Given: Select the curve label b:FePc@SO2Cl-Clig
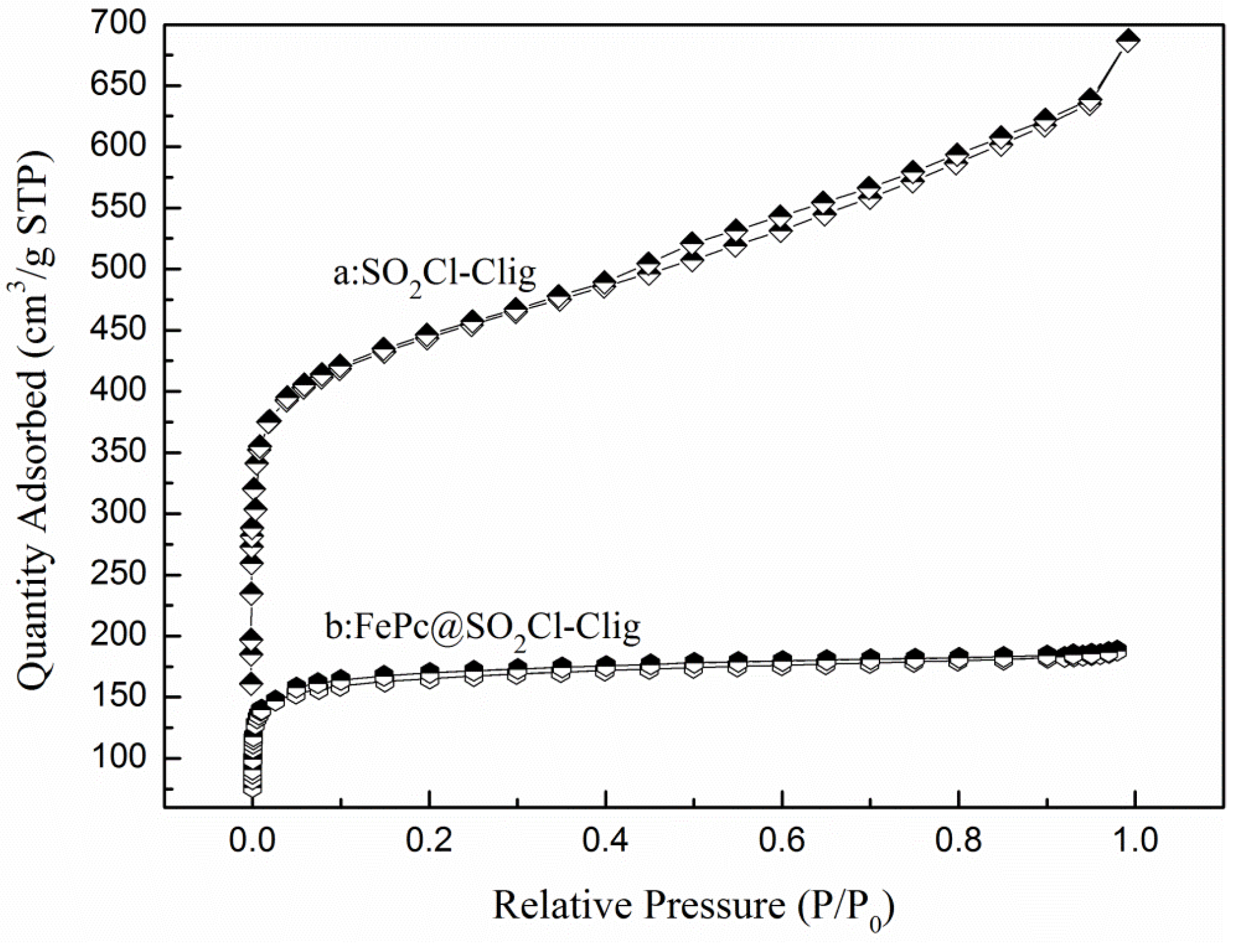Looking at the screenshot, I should [x=483, y=626].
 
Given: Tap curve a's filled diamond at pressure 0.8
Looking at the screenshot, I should [x=957, y=154].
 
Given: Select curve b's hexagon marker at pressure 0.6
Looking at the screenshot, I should [x=782, y=660].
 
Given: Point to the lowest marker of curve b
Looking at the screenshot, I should [x=252, y=788].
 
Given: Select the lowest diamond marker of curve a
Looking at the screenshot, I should [x=252, y=684].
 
